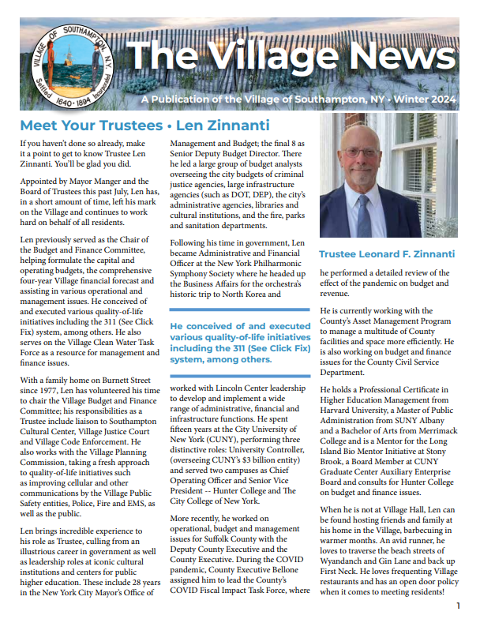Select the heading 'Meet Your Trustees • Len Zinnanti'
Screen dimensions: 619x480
144,126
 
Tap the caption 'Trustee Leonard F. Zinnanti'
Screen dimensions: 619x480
386,253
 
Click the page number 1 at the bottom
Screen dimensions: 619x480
458,606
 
